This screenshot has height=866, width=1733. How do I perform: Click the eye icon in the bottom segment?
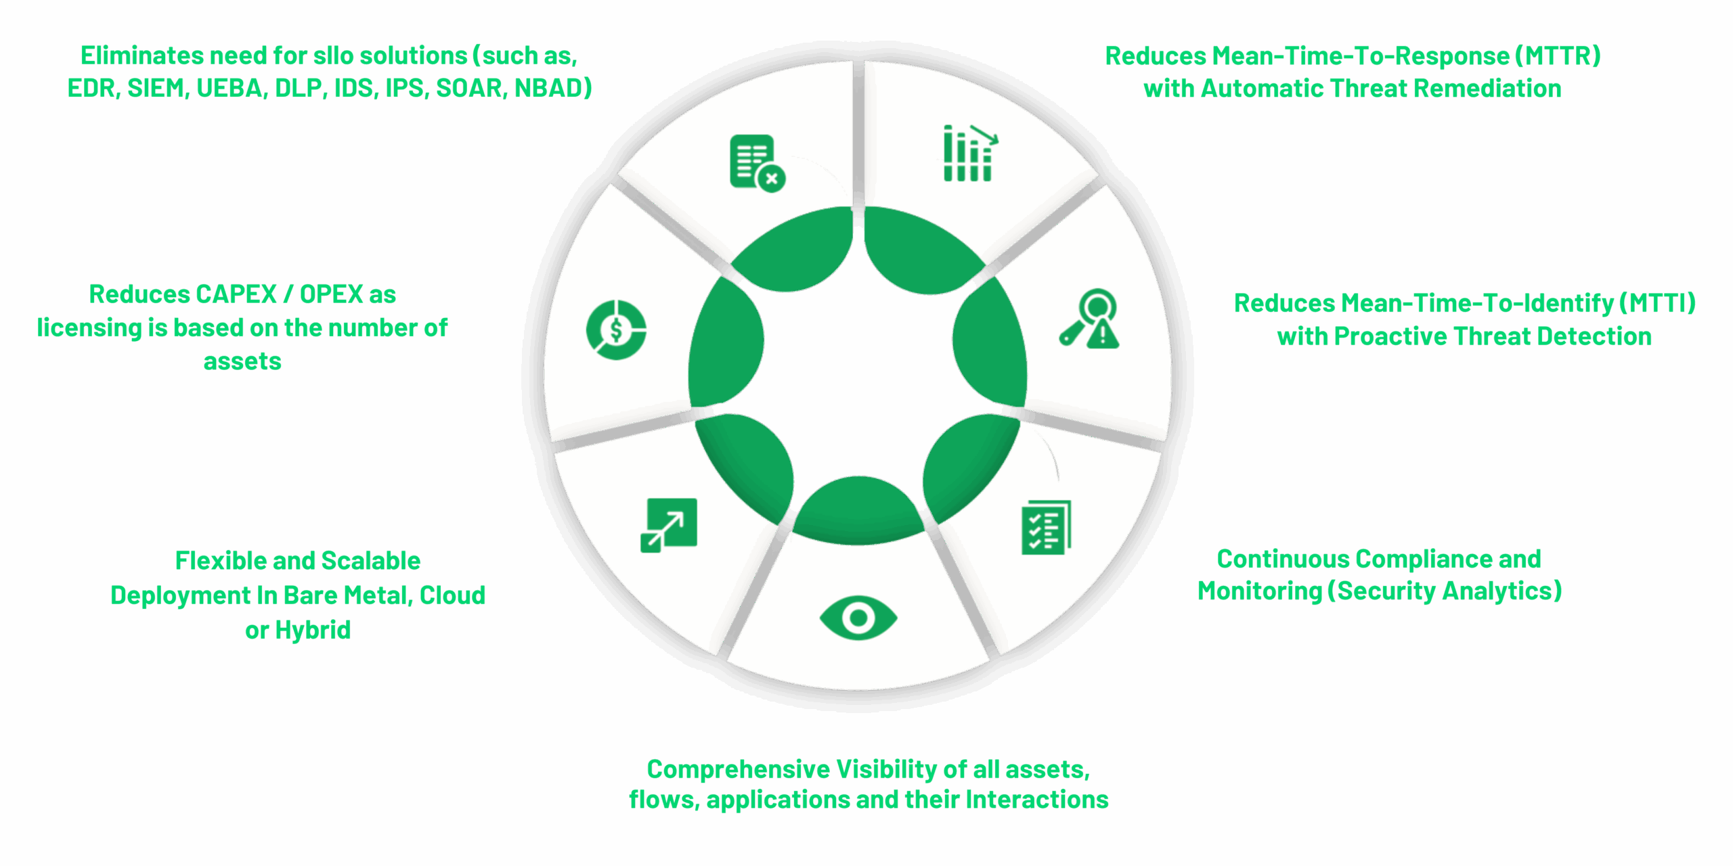coord(858,618)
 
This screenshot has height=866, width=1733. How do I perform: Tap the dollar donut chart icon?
coord(616,330)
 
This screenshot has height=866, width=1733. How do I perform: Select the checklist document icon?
coord(1046,528)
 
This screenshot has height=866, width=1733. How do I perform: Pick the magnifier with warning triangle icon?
coord(1091,319)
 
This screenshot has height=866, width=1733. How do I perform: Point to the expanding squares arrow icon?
coord(669,526)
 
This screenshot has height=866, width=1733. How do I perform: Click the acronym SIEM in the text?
coord(156,89)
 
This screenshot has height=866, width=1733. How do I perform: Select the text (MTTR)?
coord(1558,56)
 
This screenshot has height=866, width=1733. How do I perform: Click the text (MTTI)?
coord(1657,303)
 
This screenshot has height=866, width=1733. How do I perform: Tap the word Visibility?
coord(886,770)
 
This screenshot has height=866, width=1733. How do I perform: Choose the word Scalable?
coord(370,561)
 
